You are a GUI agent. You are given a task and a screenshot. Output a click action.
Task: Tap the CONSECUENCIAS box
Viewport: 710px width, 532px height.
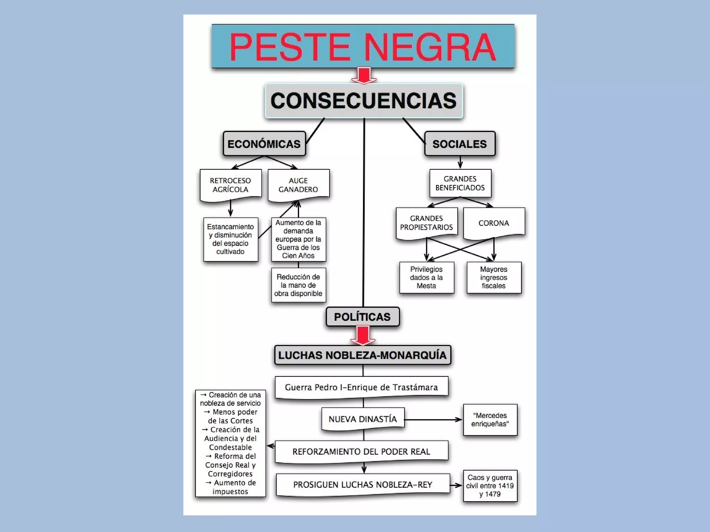364,101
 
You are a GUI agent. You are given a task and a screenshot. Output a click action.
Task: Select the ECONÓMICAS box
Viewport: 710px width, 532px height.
264,144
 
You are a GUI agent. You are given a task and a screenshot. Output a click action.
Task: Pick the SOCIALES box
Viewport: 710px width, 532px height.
460,144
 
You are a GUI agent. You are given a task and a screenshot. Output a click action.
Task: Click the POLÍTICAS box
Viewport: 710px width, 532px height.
363,317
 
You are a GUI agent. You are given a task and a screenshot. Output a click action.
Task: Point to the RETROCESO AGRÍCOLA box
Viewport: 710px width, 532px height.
231,185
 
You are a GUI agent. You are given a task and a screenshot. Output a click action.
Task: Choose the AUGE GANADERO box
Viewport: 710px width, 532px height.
298,185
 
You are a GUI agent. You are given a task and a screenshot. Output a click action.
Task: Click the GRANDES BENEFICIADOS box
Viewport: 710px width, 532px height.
460,183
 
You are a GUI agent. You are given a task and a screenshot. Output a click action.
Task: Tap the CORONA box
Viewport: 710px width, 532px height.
494,223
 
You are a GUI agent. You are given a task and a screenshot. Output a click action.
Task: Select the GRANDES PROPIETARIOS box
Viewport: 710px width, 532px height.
426,223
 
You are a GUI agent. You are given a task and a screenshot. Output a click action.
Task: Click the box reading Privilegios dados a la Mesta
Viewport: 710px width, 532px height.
426,277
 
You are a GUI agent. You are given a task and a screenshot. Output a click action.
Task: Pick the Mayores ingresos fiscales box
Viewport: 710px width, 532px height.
494,277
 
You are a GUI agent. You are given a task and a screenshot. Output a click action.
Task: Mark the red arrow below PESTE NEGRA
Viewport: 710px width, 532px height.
364,76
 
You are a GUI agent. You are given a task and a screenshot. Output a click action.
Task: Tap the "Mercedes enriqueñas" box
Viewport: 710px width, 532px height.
490,419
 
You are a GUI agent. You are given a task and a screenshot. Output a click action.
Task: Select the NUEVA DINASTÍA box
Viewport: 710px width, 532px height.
363,419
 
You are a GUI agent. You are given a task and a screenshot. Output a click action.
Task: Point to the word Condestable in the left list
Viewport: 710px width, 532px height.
231,447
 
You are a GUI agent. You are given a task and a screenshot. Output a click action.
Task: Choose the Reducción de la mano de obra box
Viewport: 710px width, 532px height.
298,285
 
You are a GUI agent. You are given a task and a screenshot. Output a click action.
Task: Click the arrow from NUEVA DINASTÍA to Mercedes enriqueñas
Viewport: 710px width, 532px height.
433,419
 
